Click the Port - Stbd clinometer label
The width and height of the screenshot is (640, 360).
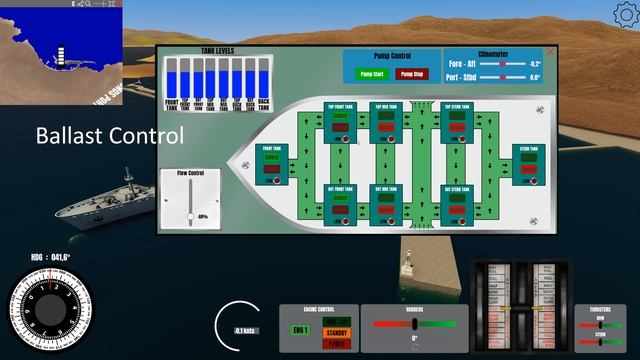461,76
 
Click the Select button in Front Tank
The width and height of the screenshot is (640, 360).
271,157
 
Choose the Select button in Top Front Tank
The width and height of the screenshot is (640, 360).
339,114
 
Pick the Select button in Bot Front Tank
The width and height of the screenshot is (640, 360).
339,197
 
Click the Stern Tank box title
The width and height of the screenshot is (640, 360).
529,148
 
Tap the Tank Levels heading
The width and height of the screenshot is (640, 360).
218,50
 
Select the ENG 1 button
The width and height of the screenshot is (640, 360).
300,329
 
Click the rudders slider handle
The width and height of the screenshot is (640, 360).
414,323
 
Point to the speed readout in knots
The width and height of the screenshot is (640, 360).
244,330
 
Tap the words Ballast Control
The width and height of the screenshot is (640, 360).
110,134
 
